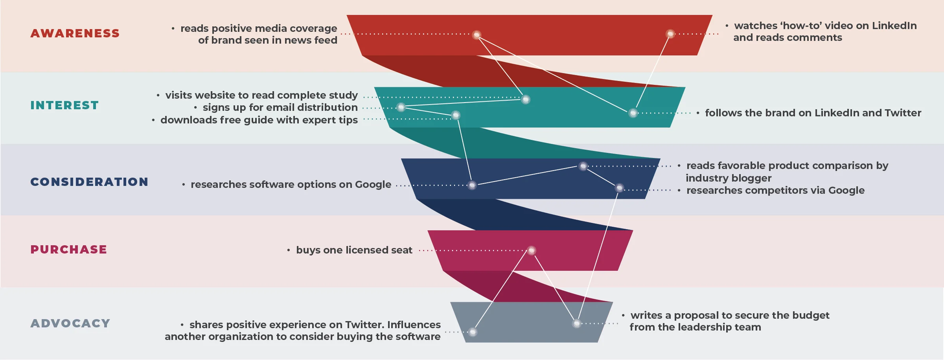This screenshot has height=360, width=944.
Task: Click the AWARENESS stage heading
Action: (75, 33)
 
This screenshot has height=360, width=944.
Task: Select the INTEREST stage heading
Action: (65, 105)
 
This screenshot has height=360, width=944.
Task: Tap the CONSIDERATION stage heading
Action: (90, 182)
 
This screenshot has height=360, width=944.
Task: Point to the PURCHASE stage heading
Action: (69, 250)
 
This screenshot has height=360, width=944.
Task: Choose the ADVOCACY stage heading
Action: (70, 323)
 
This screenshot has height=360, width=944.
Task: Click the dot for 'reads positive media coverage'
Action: (477, 35)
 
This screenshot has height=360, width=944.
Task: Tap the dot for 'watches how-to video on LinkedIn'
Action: (670, 34)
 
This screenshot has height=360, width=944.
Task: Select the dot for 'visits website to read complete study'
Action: (526, 99)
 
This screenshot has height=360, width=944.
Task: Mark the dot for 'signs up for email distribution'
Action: (401, 107)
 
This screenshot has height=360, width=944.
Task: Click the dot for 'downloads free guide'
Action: (456, 115)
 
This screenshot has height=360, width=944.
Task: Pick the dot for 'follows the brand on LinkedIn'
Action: (633, 113)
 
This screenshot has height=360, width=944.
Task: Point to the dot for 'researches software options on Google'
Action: (472, 185)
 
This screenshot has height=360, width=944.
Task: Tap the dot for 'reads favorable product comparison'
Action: (583, 166)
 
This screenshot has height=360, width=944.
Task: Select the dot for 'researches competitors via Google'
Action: (620, 188)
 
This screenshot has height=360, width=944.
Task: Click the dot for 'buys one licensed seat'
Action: (532, 250)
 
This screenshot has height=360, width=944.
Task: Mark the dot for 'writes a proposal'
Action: (577, 323)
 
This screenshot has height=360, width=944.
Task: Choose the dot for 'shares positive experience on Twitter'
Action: (473, 332)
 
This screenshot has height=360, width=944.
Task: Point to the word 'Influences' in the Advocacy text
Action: (414, 325)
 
